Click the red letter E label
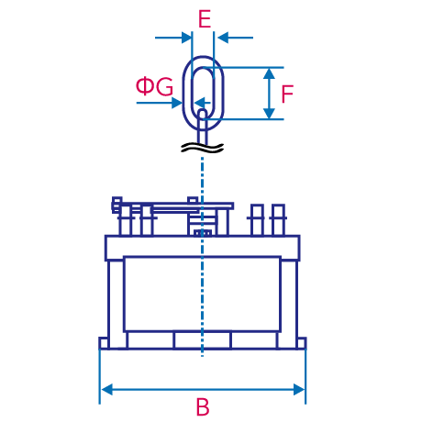(205, 19)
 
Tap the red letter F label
(287, 94)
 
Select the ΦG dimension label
(154, 86)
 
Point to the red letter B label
(203, 406)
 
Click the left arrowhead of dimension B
(106, 390)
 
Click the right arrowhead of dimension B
(299, 390)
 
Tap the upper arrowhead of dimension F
(269, 73)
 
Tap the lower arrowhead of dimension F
(269, 113)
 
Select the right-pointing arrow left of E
(173, 38)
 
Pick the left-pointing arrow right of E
(236, 38)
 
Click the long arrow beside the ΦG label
(159, 103)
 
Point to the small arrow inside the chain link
(203, 102)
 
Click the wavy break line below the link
(203, 148)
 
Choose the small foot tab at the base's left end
(104, 343)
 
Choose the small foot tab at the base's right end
(302, 343)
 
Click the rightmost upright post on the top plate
(278, 220)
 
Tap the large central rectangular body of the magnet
(202, 294)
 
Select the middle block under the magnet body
(203, 340)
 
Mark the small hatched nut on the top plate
(202, 233)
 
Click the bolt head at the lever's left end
(117, 205)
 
